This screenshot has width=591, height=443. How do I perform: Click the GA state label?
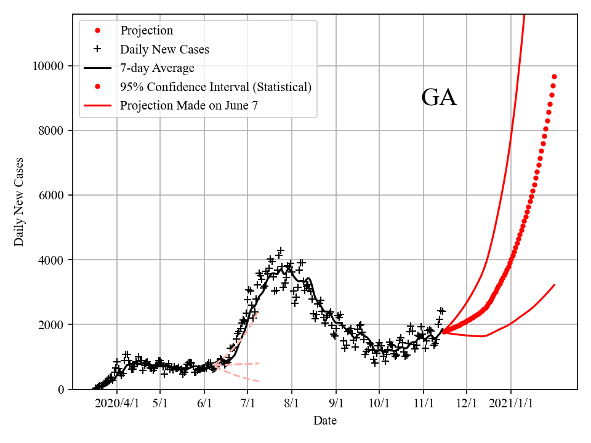tap(439, 98)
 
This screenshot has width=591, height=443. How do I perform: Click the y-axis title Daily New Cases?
tap(19, 202)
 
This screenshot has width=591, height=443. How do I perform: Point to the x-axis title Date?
tap(324, 421)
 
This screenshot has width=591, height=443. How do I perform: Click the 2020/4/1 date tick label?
tap(117, 404)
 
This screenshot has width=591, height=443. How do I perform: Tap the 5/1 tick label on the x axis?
tap(161, 404)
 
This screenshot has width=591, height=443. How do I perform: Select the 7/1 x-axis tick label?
tap(247, 404)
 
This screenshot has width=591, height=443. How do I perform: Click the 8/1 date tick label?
tap(292, 404)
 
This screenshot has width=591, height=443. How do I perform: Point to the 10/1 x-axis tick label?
tap(379, 404)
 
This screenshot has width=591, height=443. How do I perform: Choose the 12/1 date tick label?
tap(467, 404)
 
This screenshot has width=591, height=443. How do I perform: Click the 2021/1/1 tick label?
tap(511, 404)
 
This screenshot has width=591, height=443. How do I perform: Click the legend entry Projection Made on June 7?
tap(189, 105)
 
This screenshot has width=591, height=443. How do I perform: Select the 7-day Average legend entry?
tap(157, 68)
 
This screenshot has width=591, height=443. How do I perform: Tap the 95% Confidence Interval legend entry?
tap(215, 87)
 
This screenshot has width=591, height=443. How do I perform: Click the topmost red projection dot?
tap(554, 76)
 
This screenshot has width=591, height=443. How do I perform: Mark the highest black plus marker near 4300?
tap(281, 250)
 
